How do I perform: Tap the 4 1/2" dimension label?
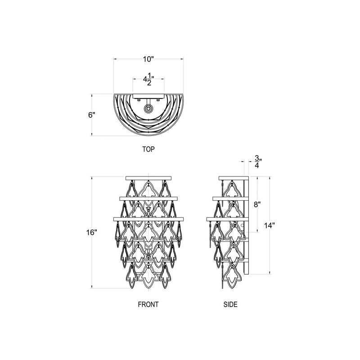[x=148, y=80]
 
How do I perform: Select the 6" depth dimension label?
[x=92, y=115]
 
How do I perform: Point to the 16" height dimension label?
[x=92, y=233]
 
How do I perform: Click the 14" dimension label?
[x=269, y=225]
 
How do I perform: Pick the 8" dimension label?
[x=257, y=205]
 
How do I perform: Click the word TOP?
[x=148, y=149]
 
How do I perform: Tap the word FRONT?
[x=148, y=304]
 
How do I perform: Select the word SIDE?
[x=230, y=304]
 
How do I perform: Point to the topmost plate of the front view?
[x=148, y=178]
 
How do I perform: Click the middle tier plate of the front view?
[x=148, y=198]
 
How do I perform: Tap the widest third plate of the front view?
[x=148, y=219]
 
